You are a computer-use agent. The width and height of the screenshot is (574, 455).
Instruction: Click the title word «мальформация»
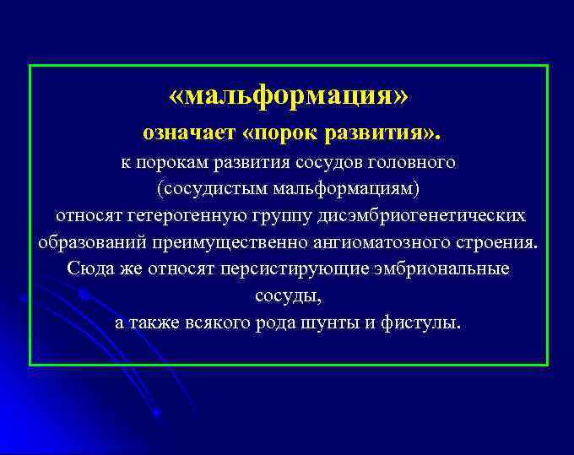[288, 95]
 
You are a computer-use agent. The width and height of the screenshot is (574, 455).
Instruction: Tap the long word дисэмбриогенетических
[422, 215]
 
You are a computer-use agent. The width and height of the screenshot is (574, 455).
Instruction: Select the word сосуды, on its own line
[288, 296]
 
